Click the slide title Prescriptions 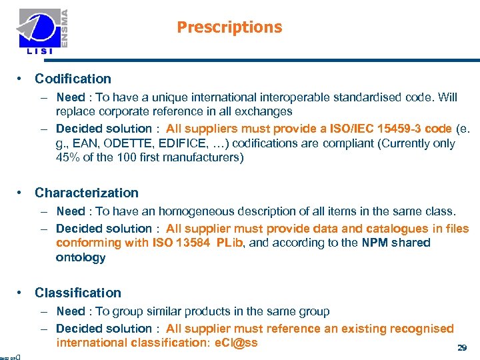tap(229, 27)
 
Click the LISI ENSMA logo tap(44, 31)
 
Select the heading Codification tap(73, 79)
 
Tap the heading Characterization tap(87, 193)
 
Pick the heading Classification tap(78, 293)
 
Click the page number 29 tap(461, 348)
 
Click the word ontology tap(81, 257)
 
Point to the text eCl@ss tap(234, 343)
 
